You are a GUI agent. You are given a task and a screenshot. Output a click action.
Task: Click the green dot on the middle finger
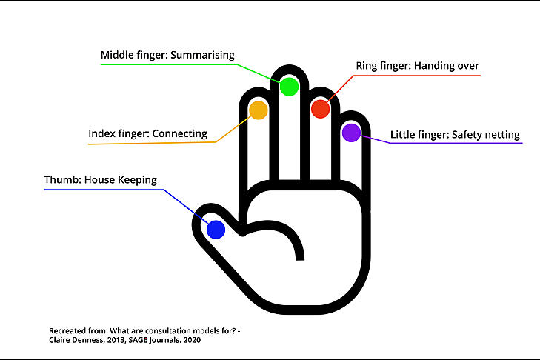(x=289, y=87)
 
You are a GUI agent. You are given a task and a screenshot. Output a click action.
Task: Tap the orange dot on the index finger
(x=259, y=110)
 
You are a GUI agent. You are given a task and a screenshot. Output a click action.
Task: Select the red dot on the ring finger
(x=320, y=108)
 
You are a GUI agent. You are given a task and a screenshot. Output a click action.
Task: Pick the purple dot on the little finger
(x=351, y=133)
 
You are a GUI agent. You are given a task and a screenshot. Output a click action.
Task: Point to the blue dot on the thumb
(x=216, y=230)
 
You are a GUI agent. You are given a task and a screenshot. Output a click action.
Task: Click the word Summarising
(x=202, y=55)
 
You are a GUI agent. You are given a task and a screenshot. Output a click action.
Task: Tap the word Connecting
(x=179, y=133)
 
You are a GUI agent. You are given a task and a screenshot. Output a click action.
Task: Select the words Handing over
(x=447, y=66)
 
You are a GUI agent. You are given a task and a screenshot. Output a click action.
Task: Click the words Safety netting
(x=486, y=135)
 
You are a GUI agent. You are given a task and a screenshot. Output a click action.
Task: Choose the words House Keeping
(x=121, y=180)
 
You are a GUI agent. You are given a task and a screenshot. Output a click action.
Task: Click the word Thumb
(x=62, y=180)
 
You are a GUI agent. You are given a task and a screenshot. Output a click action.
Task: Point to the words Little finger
(x=419, y=135)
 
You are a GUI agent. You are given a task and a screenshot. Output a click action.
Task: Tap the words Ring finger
(x=383, y=66)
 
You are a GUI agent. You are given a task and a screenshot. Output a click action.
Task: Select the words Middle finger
(x=133, y=55)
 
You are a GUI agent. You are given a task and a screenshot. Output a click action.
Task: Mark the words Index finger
(x=118, y=133)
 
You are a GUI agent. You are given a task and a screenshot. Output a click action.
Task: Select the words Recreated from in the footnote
(x=79, y=331)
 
